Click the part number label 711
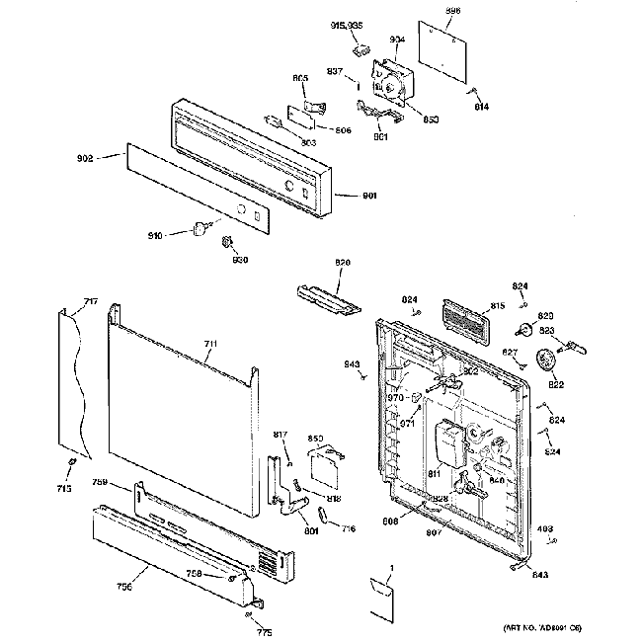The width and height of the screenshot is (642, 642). (x=209, y=344)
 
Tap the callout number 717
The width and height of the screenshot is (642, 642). (x=90, y=300)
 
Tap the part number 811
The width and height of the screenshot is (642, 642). (x=434, y=474)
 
